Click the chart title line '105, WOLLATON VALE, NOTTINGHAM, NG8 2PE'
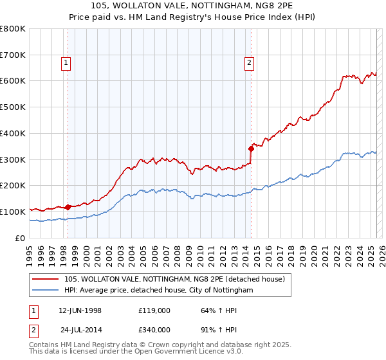(192, 7)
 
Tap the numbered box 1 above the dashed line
(68, 62)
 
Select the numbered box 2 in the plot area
(249, 62)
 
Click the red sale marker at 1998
(68, 207)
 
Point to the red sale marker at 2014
(251, 148)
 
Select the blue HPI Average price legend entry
(159, 291)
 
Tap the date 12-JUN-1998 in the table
(80, 310)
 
